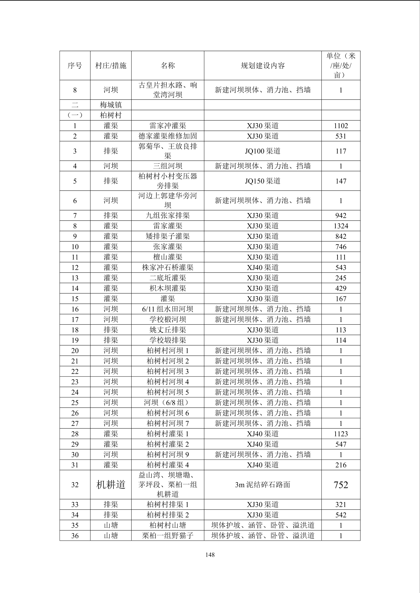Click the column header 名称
[x=168, y=66]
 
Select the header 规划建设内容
[x=262, y=66]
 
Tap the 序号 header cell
[x=75, y=66]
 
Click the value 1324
[x=341, y=226]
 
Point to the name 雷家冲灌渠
[x=168, y=126]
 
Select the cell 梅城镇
[x=111, y=105]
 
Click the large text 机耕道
[x=111, y=485]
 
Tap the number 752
[x=341, y=485]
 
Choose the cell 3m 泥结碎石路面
[x=262, y=485]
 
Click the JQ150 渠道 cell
[x=262, y=181]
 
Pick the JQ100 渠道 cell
[x=262, y=151]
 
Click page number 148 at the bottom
[x=210, y=555]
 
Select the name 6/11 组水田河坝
[x=168, y=309]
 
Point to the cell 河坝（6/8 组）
[x=168, y=402]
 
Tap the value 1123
[x=341, y=434]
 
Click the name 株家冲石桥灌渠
[x=168, y=267]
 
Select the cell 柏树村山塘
[x=168, y=525]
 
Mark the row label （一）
[x=75, y=115]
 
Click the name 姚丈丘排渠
[x=168, y=330]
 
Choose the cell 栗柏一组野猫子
[x=168, y=536]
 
